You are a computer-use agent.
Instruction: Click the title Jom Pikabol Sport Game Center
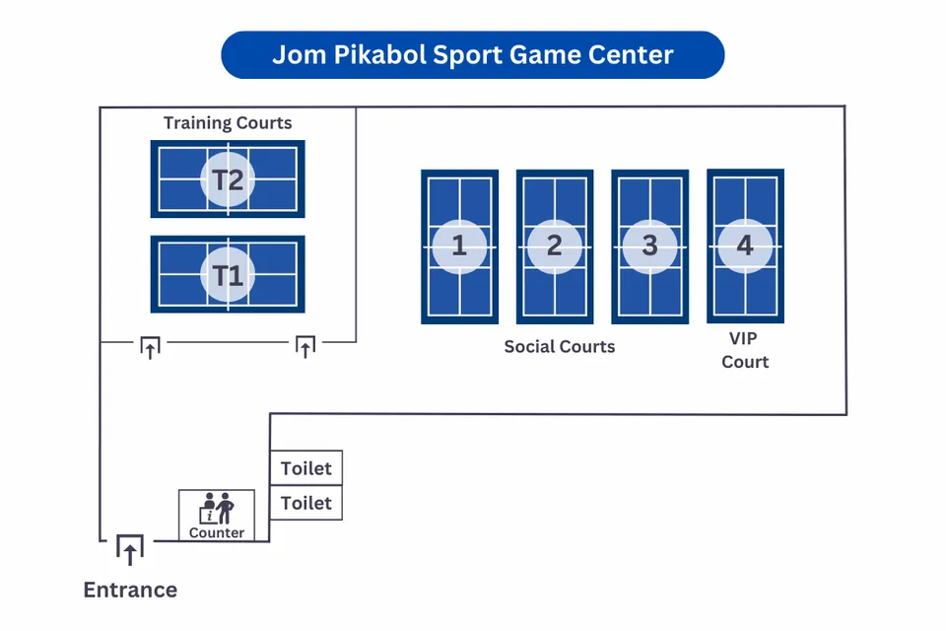(473, 54)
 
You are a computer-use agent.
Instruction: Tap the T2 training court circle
(228, 179)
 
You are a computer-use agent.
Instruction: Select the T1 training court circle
(228, 274)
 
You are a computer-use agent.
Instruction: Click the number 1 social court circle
(459, 246)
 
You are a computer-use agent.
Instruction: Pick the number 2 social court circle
(554, 246)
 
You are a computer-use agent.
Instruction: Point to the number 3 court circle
(649, 246)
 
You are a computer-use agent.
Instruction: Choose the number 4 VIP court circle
(745, 245)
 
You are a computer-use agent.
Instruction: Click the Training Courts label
(228, 123)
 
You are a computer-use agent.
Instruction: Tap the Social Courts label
(559, 346)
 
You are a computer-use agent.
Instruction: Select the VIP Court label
(745, 350)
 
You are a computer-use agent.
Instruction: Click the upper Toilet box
(306, 468)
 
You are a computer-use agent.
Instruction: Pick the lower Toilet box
(306, 503)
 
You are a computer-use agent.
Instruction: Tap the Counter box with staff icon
(217, 516)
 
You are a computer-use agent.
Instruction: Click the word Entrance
(130, 591)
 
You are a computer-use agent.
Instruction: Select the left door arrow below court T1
(150, 346)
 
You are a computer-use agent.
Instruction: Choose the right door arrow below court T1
(305, 346)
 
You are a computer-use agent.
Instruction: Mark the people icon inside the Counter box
(217, 508)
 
